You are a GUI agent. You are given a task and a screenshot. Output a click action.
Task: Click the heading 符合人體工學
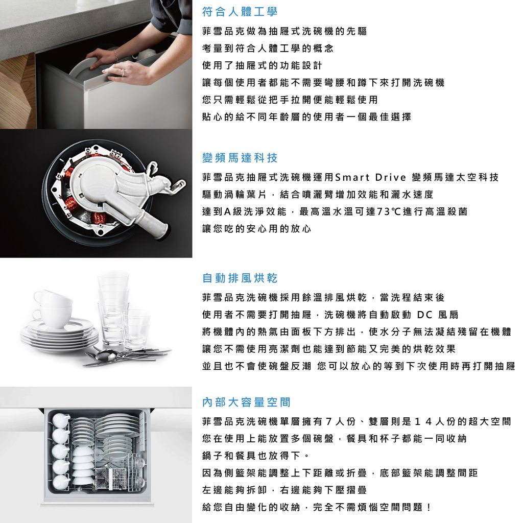[x=240, y=12]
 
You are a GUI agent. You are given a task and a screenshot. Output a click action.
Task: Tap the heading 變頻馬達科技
[x=240, y=158]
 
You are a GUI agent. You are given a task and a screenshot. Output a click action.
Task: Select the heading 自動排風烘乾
[x=240, y=278]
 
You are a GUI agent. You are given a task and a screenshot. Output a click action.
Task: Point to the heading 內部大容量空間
[x=246, y=402]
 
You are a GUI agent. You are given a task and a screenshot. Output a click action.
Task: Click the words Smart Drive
[x=370, y=177]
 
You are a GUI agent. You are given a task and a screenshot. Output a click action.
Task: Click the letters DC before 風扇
[x=424, y=315]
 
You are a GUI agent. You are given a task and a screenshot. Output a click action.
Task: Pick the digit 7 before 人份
[x=328, y=421]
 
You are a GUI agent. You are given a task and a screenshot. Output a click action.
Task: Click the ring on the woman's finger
[x=123, y=73]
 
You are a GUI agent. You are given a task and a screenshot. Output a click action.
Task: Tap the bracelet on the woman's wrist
[x=115, y=56]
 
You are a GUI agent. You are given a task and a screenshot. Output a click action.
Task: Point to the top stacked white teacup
[x=53, y=298]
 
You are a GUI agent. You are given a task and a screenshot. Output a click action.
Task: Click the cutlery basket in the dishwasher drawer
[x=110, y=477]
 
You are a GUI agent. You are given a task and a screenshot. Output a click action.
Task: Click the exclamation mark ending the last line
[x=429, y=507]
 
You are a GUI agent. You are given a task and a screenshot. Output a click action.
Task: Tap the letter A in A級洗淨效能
[x=228, y=211]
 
